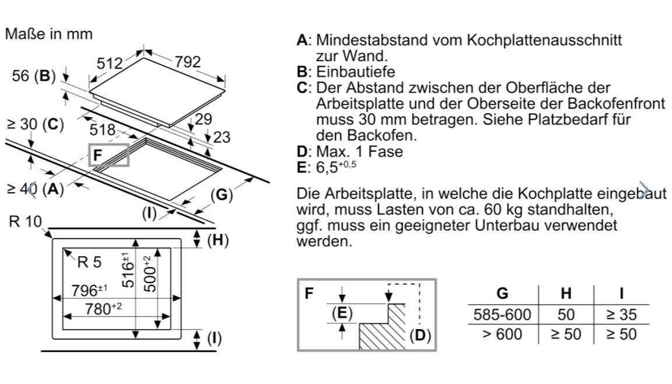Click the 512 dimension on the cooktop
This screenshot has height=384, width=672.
[110, 63]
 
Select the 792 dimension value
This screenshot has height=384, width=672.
[188, 62]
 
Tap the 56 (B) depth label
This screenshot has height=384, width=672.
[34, 76]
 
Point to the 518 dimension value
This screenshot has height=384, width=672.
[103, 130]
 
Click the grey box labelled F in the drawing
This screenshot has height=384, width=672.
[108, 155]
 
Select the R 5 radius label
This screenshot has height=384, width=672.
[89, 263]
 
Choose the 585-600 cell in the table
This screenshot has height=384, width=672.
[502, 315]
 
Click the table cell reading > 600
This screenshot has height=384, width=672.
[502, 334]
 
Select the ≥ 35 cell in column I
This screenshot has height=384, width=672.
[620, 315]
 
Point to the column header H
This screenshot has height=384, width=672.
[565, 293]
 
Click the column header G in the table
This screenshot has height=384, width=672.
[502, 293]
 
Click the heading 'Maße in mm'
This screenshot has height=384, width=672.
[48, 34]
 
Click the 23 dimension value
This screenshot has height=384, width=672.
[222, 138]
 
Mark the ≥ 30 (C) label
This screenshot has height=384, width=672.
[34, 125]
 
